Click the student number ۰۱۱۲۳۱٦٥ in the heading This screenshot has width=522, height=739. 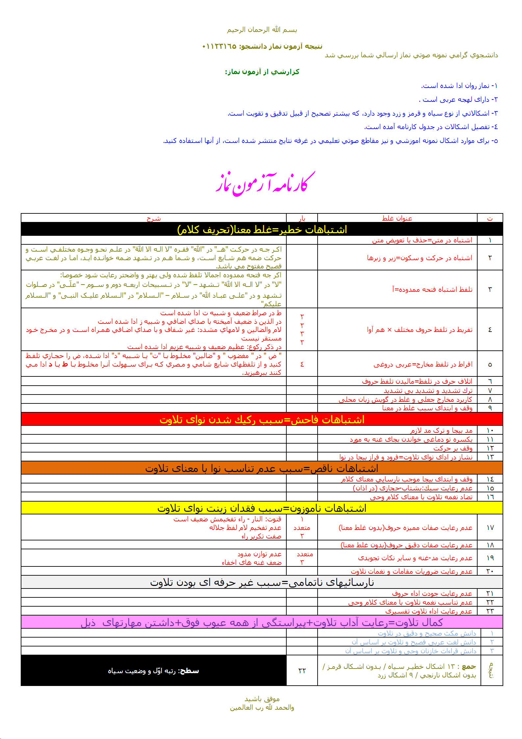pos(219,46)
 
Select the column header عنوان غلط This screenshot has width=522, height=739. pos(397,218)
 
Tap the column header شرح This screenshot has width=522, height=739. pos(154,218)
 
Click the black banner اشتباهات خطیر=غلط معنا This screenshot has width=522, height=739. pos(262,229)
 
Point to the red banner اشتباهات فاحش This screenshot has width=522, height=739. pos(262,419)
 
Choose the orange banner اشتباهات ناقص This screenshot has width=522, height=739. pos(262,468)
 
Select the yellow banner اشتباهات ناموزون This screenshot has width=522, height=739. pos(262,508)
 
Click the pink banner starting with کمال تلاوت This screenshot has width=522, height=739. pos(262,622)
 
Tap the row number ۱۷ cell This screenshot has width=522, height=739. pos(490,528)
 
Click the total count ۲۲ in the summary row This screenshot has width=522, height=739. pos(302,671)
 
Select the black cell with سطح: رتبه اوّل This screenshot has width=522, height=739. pos(153,671)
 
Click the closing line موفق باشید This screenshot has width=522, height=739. pos(262,699)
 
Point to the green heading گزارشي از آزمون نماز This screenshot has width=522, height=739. pos(262,72)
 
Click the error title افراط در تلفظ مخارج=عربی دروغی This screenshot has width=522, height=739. pos(423,364)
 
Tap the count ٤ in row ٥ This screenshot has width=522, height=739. pos(302,364)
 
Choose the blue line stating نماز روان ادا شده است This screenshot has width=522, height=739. pos(459,86)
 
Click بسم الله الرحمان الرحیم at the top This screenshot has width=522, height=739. pos(262,30)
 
